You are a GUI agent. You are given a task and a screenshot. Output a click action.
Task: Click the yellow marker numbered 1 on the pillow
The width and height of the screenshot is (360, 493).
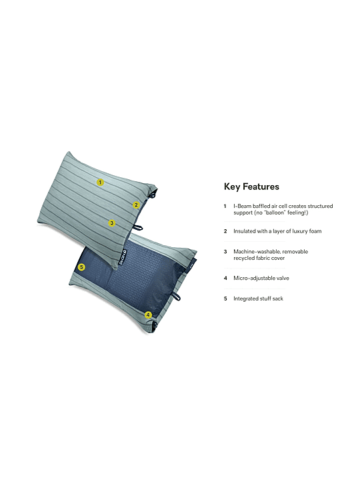point(100,182)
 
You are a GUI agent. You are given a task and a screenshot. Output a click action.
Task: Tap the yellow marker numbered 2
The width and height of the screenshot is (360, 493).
point(136,205)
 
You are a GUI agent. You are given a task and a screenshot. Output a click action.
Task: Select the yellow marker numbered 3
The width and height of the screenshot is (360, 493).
point(112,223)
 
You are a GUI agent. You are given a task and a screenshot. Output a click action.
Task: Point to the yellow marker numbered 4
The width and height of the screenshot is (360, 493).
point(148,314)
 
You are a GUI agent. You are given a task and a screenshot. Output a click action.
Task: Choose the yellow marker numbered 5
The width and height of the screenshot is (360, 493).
point(81,267)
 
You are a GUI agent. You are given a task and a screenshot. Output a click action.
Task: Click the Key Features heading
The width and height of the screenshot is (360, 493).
point(251,187)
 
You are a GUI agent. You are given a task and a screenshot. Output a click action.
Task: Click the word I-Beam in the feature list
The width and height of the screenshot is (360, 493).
point(242,207)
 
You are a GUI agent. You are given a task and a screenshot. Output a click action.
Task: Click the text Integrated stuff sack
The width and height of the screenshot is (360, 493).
point(259,298)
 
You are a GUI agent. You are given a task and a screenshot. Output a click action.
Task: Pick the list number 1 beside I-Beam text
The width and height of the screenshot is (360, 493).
point(225,207)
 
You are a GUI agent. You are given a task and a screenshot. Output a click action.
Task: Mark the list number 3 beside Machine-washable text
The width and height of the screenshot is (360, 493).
point(225,252)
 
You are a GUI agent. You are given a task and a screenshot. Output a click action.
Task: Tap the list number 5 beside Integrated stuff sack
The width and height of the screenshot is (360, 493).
point(225,298)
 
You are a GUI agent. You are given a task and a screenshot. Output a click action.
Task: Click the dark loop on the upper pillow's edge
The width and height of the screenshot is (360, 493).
point(137,227)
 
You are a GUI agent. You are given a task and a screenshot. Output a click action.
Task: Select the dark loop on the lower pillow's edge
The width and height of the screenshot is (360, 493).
point(176,296)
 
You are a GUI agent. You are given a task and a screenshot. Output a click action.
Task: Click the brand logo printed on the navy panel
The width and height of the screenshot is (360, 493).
point(122,257)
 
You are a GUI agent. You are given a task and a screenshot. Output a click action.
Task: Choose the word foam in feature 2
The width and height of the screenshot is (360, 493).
point(315,231)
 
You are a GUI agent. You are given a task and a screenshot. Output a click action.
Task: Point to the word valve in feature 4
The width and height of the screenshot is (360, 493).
point(283,278)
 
